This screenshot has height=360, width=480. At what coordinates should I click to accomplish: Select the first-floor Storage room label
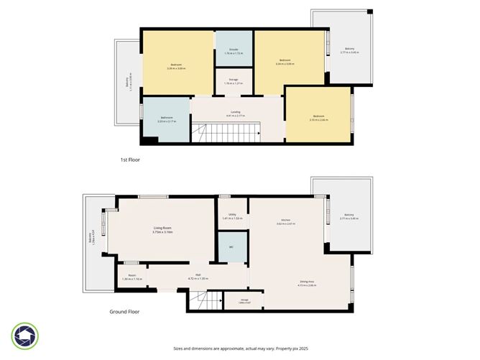(x=234, y=81)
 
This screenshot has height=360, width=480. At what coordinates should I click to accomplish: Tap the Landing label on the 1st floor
(x=235, y=113)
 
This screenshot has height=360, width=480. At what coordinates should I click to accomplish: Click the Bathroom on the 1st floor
(x=166, y=119)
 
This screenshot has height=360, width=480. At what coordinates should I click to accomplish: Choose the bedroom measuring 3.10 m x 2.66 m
(x=318, y=118)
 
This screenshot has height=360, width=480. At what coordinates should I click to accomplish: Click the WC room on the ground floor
(x=232, y=248)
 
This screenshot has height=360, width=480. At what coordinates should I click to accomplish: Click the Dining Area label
(x=308, y=283)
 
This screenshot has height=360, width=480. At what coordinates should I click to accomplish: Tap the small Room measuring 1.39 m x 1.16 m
(x=131, y=277)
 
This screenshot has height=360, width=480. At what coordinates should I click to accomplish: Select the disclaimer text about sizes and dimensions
(x=240, y=348)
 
